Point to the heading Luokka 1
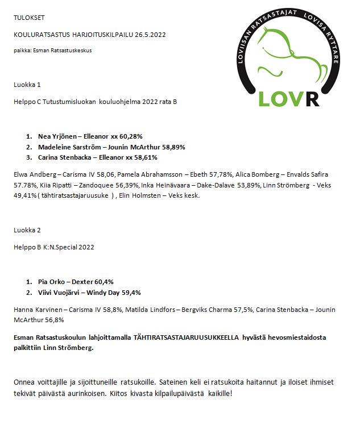[x=27, y=85]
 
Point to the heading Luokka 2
[x=27, y=230]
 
